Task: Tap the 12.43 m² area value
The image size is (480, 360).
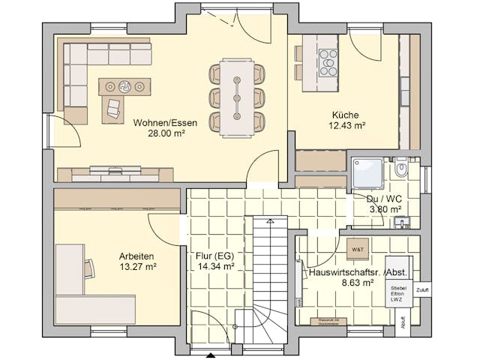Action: click(x=346, y=126)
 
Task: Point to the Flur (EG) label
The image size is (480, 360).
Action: click(x=214, y=255)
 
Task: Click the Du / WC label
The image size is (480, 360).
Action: click(x=382, y=199)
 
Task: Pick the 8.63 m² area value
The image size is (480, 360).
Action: click(x=357, y=283)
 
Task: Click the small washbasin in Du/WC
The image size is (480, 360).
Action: click(x=403, y=222)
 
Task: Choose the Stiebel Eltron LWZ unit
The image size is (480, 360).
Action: click(x=398, y=293)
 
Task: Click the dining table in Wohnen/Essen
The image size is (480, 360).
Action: click(x=236, y=97)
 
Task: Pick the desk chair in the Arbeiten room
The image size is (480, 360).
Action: click(x=89, y=267)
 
